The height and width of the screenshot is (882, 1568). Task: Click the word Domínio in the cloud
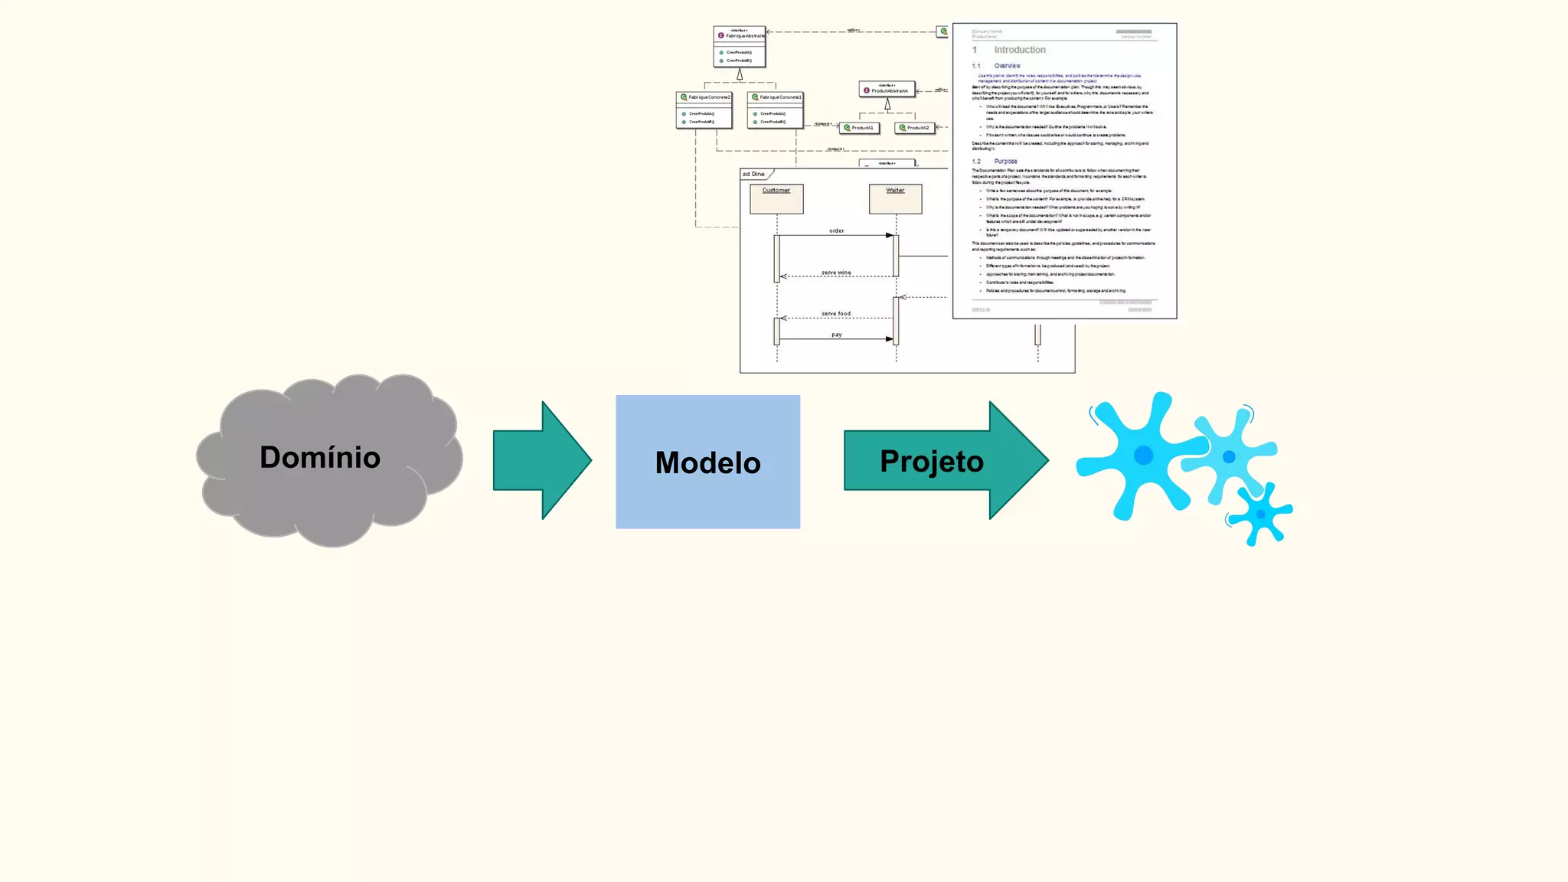click(320, 457)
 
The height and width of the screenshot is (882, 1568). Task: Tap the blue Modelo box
click(707, 462)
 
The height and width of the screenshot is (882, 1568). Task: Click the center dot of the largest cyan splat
click(1143, 456)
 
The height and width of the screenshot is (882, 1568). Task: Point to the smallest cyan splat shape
click(1261, 514)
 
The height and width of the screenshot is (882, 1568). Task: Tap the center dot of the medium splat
click(1229, 457)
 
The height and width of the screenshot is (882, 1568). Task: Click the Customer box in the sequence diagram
click(776, 199)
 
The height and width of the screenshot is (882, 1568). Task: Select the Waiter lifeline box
click(895, 199)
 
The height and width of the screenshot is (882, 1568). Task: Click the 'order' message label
click(836, 230)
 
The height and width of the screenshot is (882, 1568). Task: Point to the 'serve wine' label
click(836, 273)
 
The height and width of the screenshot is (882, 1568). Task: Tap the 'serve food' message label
click(836, 314)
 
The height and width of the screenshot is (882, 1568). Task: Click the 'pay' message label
click(837, 335)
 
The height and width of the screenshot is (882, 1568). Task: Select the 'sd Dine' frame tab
click(755, 175)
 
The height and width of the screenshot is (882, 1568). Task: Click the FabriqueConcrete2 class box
click(704, 109)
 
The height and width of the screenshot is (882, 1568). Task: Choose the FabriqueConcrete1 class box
click(775, 109)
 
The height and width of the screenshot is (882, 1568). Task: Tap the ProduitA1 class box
click(859, 128)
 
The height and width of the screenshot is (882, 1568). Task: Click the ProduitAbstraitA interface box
click(887, 90)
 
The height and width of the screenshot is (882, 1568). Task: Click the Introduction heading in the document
click(1019, 50)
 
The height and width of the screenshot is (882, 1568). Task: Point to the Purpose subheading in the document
click(1005, 162)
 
